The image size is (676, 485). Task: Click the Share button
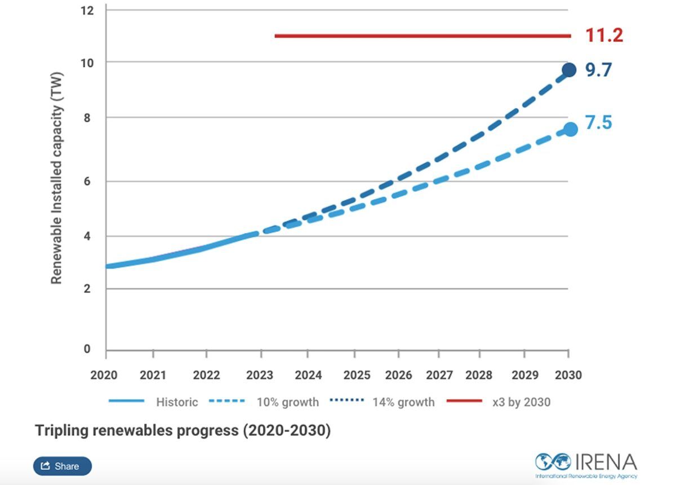tap(62, 466)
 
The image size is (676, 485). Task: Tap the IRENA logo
tap(586, 464)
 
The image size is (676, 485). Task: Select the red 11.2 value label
tap(604, 36)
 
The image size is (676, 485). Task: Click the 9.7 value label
tap(598, 70)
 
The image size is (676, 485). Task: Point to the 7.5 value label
tap(598, 122)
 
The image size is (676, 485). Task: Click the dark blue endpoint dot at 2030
tap(569, 70)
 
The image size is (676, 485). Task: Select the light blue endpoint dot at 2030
tap(570, 129)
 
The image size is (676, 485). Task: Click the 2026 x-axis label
tap(398, 374)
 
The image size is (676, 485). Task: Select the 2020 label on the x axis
tap(104, 374)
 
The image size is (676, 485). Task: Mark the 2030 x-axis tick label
tap(568, 374)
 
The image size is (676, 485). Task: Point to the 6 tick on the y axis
tap(87, 181)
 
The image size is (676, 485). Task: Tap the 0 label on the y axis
tap(87, 349)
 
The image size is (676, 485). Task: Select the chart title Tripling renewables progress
tap(183, 430)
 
